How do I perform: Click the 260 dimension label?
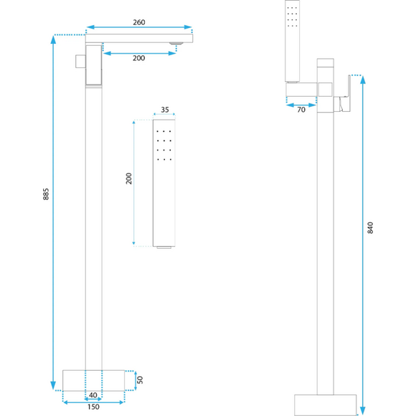click(139, 22)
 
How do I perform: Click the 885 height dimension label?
click(46, 194)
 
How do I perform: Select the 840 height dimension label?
click(370, 227)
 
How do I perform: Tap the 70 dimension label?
click(301, 110)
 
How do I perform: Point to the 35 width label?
click(165, 110)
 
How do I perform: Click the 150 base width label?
click(93, 407)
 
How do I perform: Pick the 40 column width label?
click(93, 395)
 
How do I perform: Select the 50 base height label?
click(140, 380)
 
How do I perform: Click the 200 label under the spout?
click(138, 58)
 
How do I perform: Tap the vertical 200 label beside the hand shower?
click(128, 179)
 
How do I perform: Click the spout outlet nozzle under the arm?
click(176, 44)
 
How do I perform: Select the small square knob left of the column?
click(80, 61)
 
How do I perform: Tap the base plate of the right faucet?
click(325, 405)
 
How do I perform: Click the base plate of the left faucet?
click(94, 380)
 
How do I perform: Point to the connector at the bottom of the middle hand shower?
click(164, 247)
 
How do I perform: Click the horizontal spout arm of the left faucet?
click(139, 38)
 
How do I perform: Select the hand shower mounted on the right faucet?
click(293, 41)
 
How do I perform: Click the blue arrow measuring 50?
click(136, 380)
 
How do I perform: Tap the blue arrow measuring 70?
click(301, 105)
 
